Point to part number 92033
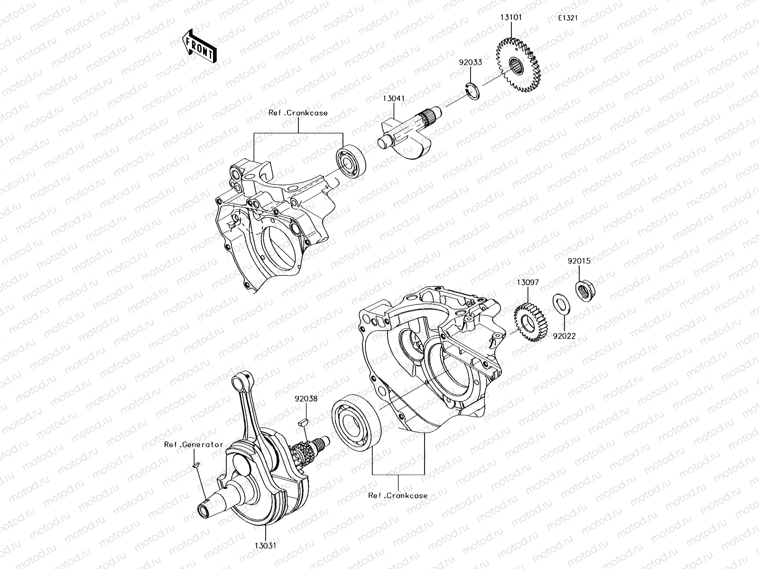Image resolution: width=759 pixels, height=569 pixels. tap(470, 62)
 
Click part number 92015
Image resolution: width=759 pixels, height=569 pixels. tap(580, 261)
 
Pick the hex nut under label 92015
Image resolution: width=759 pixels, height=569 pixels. tap(585, 290)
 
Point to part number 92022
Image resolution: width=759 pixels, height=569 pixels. tap(564, 336)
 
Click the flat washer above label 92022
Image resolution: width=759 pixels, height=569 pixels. tap(562, 303)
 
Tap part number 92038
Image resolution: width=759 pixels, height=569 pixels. tap(305, 399)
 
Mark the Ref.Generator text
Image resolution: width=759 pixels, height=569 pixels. tap(194, 445)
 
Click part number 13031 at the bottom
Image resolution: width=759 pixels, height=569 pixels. tap(264, 546)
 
